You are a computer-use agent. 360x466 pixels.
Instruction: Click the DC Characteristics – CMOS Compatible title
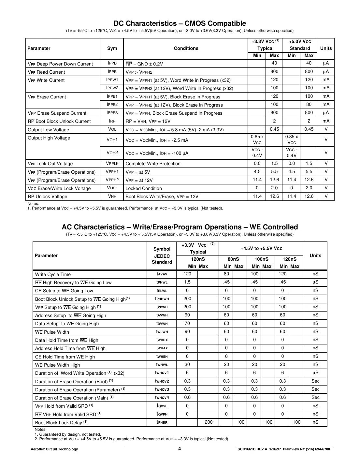[180, 23]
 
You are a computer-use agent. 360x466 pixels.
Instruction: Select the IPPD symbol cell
[112, 63]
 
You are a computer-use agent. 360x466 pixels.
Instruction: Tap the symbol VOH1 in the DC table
[112, 140]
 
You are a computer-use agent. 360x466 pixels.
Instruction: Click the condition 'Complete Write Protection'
[153, 164]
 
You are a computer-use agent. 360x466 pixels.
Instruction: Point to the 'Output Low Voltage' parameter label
[48, 130]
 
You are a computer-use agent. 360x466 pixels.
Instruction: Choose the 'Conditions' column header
[186, 48]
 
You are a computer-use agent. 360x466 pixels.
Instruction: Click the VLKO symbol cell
[112, 188]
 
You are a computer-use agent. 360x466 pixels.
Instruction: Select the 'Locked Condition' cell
[143, 188]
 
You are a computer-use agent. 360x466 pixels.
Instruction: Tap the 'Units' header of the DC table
[325, 48]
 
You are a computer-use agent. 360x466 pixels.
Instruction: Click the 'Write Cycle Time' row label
[53, 274]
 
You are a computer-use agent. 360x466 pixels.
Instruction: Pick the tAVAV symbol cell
[162, 274]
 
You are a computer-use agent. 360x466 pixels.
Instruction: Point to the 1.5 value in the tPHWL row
[187, 282]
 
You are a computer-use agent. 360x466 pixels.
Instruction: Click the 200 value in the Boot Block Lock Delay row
[209, 422]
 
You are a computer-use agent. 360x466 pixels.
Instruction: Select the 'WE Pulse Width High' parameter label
[57, 365]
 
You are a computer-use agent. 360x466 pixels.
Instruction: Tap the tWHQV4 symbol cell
[162, 398]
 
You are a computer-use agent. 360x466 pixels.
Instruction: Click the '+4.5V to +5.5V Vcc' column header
[261, 248]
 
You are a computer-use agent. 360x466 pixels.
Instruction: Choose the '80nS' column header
[233, 259]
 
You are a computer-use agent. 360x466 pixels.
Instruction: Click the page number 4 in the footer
[180, 449]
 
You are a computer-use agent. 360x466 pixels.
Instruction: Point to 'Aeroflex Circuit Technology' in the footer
[54, 449]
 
